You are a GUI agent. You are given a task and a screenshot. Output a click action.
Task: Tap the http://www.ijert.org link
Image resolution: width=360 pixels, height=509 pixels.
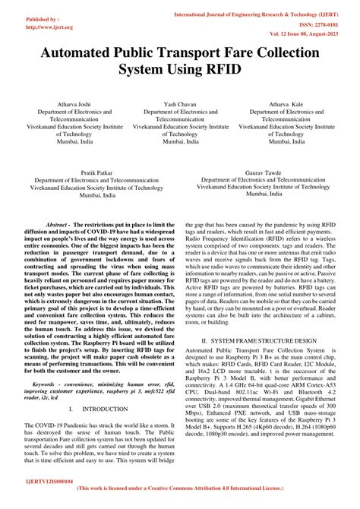pos(27,27)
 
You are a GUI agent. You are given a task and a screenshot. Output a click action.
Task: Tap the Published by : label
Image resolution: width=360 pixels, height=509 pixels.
pos(21,19)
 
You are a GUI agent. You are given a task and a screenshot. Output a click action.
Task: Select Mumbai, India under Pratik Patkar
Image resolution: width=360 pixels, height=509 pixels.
pos(89,195)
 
